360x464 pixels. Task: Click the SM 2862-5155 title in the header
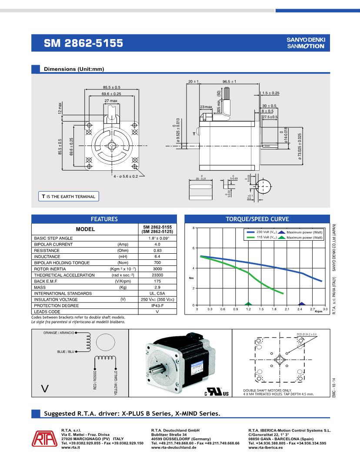83,43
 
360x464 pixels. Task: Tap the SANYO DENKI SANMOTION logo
305,43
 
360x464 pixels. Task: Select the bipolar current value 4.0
157,244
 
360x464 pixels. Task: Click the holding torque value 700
157,263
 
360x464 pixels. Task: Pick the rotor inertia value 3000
157,269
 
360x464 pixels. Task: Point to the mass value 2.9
157,287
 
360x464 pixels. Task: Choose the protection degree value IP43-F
157,305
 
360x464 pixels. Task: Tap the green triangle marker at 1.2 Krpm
248,304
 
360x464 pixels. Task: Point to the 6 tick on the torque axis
193,248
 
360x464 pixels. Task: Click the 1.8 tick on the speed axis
274,309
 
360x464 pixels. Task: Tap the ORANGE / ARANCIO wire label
59,333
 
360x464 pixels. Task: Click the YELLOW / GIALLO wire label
116,383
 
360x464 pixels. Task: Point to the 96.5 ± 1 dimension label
229,82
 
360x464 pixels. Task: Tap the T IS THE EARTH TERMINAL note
68,197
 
